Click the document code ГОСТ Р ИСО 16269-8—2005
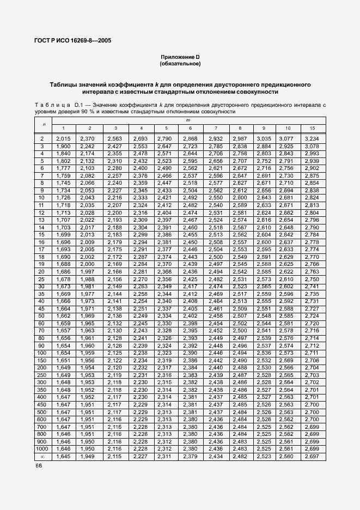tap(73, 41)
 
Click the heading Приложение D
tap(180, 57)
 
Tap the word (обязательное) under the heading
tap(180, 64)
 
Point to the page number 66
tap(39, 466)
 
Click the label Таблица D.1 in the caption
tap(58, 104)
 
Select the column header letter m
tap(188, 119)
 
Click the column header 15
tap(312, 127)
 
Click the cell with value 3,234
tap(312, 139)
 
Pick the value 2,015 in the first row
tap(63, 139)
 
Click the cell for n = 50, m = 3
tap(114, 315)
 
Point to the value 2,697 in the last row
tap(312, 457)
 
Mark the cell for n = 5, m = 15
tap(312, 161)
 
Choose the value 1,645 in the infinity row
tap(63, 457)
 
